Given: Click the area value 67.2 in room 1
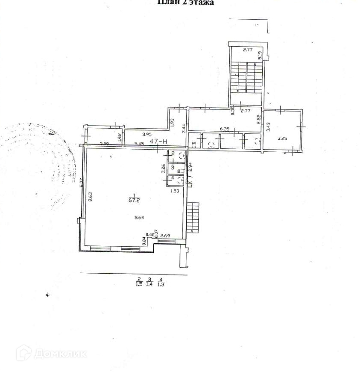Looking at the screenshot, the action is [x=137, y=199].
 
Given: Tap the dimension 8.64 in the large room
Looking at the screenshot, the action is [x=139, y=218].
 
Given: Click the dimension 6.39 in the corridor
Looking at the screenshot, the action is [x=224, y=129].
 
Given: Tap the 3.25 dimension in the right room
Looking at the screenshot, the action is [x=282, y=138].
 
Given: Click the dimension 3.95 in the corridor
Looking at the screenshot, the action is [x=147, y=134].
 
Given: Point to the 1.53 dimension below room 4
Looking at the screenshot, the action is [x=175, y=191].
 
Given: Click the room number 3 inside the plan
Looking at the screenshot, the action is [x=173, y=167].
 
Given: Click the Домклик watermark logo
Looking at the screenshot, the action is [x=51, y=353].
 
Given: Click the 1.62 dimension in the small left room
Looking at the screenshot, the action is [x=120, y=137].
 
